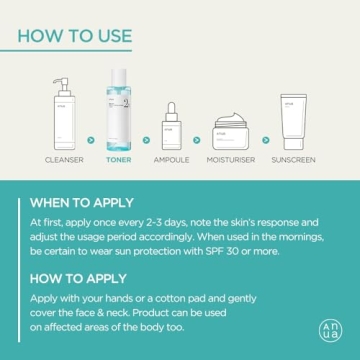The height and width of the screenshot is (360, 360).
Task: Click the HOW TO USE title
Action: click(74, 36)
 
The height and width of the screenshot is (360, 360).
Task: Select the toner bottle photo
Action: click(119, 110)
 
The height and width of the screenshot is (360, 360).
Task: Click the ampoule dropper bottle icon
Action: click(172, 127)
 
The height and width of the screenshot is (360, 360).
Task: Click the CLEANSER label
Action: click(64, 160)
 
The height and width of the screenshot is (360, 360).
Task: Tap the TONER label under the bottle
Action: click(119, 160)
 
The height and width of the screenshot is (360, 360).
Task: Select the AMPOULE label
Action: click(172, 160)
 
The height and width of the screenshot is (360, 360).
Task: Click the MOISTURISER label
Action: click(231, 160)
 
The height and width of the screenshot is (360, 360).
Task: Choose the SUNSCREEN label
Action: click(293, 160)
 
